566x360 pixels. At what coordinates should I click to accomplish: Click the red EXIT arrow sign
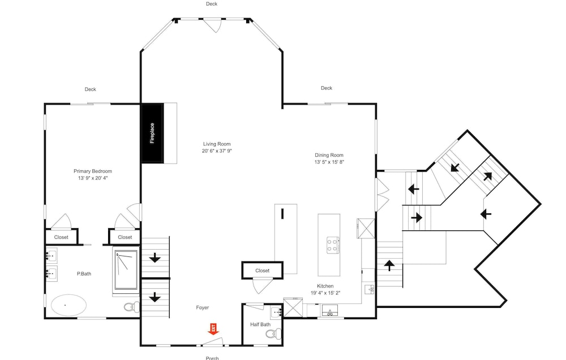tap(213, 329)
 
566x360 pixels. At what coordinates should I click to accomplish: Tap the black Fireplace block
tap(152, 133)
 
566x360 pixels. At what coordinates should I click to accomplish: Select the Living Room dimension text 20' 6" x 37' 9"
tap(217, 151)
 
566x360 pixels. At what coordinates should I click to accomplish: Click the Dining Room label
tap(329, 155)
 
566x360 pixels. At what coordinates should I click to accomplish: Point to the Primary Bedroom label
tap(93, 171)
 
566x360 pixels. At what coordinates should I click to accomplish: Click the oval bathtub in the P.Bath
tap(68, 305)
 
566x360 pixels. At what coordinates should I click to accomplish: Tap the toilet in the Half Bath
tap(275, 333)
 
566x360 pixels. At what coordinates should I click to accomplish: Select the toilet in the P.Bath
tap(132, 307)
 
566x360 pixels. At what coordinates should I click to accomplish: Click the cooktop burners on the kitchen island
tap(332, 245)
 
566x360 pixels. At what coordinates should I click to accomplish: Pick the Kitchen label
tap(325, 286)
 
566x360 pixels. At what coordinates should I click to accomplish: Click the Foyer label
tap(202, 308)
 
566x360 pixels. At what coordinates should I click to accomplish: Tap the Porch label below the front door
tap(212, 358)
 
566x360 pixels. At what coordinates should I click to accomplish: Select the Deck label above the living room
tap(212, 4)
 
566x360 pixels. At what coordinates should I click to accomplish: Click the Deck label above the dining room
tap(327, 88)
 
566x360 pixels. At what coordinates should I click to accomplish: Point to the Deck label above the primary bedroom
tap(90, 89)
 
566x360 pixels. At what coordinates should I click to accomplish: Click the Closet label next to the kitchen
tap(263, 271)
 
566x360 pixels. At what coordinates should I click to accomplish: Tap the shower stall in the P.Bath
tap(126, 269)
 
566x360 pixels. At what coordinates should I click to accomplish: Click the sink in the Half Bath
tap(277, 312)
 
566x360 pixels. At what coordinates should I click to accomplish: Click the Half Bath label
tap(260, 324)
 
